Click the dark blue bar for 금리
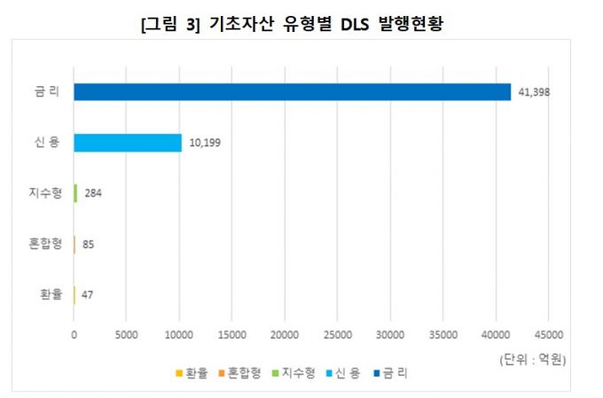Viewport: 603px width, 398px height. coord(293,91)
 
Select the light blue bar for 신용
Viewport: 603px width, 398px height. coord(128,143)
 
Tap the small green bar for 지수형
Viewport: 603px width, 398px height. coord(75,193)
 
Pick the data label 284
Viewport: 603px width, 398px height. coord(93,193)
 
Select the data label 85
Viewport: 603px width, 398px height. coord(88,244)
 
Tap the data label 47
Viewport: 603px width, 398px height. coord(87,294)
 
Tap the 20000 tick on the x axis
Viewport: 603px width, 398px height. coord(284,334)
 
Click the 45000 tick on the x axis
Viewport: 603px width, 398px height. coord(547,334)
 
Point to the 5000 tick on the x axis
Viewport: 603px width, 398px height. coord(127,334)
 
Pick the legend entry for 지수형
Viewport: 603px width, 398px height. coord(294,373)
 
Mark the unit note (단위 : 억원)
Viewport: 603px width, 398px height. coord(532,359)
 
